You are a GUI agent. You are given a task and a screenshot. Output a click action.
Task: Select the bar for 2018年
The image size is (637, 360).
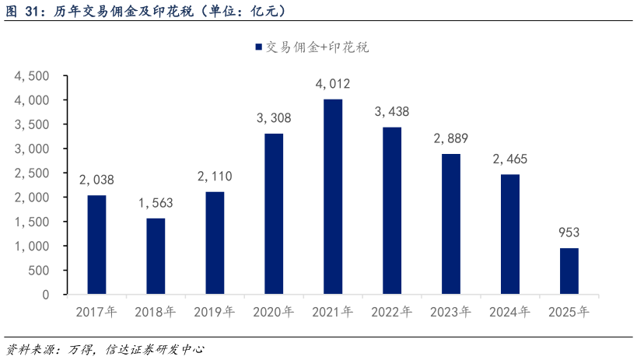156,256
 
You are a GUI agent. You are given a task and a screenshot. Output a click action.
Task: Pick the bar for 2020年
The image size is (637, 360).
274,214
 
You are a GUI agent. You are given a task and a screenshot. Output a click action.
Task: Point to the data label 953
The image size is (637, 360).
569,232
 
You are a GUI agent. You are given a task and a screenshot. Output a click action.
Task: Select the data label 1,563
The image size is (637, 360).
156,203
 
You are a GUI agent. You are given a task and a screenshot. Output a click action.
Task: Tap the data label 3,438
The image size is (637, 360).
392,112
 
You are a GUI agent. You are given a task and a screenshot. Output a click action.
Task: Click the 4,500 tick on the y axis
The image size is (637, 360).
32,76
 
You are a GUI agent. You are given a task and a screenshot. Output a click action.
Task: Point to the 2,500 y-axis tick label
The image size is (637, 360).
32,173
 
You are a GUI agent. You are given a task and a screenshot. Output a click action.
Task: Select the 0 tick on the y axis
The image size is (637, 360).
45,295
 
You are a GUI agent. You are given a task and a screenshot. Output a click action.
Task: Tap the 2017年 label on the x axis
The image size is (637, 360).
96,313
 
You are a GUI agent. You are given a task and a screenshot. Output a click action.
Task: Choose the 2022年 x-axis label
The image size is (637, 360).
392,313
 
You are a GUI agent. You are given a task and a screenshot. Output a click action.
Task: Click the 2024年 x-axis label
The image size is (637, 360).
510,313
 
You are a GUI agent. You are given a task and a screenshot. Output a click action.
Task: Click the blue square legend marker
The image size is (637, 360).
258,47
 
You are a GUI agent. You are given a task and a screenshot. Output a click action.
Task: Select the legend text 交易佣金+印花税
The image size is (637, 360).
317,47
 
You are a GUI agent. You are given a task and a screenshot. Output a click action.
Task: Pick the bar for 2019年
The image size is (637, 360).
215,243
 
